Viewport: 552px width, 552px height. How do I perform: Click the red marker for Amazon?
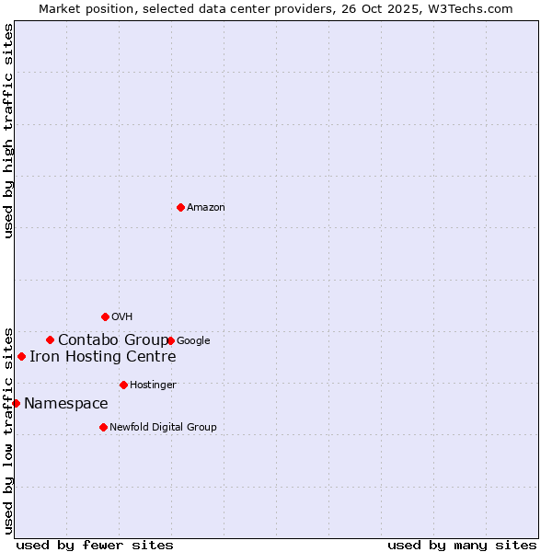tap(180, 207)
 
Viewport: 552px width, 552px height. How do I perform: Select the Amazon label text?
tap(206, 208)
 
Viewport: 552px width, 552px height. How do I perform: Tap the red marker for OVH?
tap(105, 317)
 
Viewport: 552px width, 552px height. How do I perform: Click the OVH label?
tap(121, 317)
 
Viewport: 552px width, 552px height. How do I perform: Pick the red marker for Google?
tap(171, 340)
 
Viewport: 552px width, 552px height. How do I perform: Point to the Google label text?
tap(193, 341)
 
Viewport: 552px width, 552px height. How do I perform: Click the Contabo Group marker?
tap(50, 339)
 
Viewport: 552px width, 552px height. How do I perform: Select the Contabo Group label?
tap(113, 340)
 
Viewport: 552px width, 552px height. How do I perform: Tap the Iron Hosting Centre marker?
tap(21, 356)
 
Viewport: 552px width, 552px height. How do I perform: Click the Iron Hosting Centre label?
tap(102, 357)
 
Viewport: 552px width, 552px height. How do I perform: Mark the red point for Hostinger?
tap(123, 385)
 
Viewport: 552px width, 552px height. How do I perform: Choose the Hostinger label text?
tap(153, 385)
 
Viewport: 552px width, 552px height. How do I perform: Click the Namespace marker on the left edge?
tap(16, 403)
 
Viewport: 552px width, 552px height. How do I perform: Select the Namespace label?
tap(65, 404)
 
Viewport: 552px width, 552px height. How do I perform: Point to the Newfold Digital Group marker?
tap(103, 427)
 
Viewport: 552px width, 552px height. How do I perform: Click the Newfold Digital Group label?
tap(163, 428)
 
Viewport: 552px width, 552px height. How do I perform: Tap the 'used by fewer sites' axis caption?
tap(95, 545)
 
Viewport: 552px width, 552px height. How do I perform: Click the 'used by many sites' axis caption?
tap(462, 545)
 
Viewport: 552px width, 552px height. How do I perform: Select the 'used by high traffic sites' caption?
tap(8, 131)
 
